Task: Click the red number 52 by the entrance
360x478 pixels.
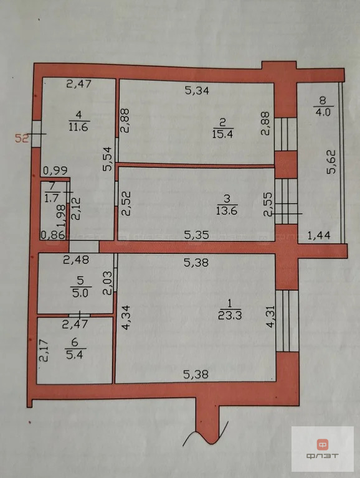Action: point(22,138)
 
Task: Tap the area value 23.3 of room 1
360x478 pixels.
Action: point(230,315)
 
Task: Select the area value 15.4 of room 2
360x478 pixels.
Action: point(222,134)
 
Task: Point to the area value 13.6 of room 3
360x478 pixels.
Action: point(227,210)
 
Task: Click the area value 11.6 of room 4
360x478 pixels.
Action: point(78,126)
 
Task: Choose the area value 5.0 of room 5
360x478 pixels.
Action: point(80,293)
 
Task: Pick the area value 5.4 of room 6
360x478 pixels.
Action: point(75,355)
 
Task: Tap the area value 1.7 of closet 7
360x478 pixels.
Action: point(51,198)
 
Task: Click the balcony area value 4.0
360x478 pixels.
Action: point(323,112)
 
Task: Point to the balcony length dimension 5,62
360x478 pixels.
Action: point(331,162)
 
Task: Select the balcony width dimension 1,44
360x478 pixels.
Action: point(319,235)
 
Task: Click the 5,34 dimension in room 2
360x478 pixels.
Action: point(197,90)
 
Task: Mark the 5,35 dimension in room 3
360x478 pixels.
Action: point(197,235)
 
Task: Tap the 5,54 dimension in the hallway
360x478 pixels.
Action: point(108,159)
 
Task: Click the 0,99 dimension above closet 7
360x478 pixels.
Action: point(55,171)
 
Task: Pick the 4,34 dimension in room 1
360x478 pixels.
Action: point(126,317)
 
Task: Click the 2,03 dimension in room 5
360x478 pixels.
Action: point(107,283)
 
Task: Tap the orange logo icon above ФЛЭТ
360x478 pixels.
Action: point(322,445)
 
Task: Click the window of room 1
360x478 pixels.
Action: point(287,321)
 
